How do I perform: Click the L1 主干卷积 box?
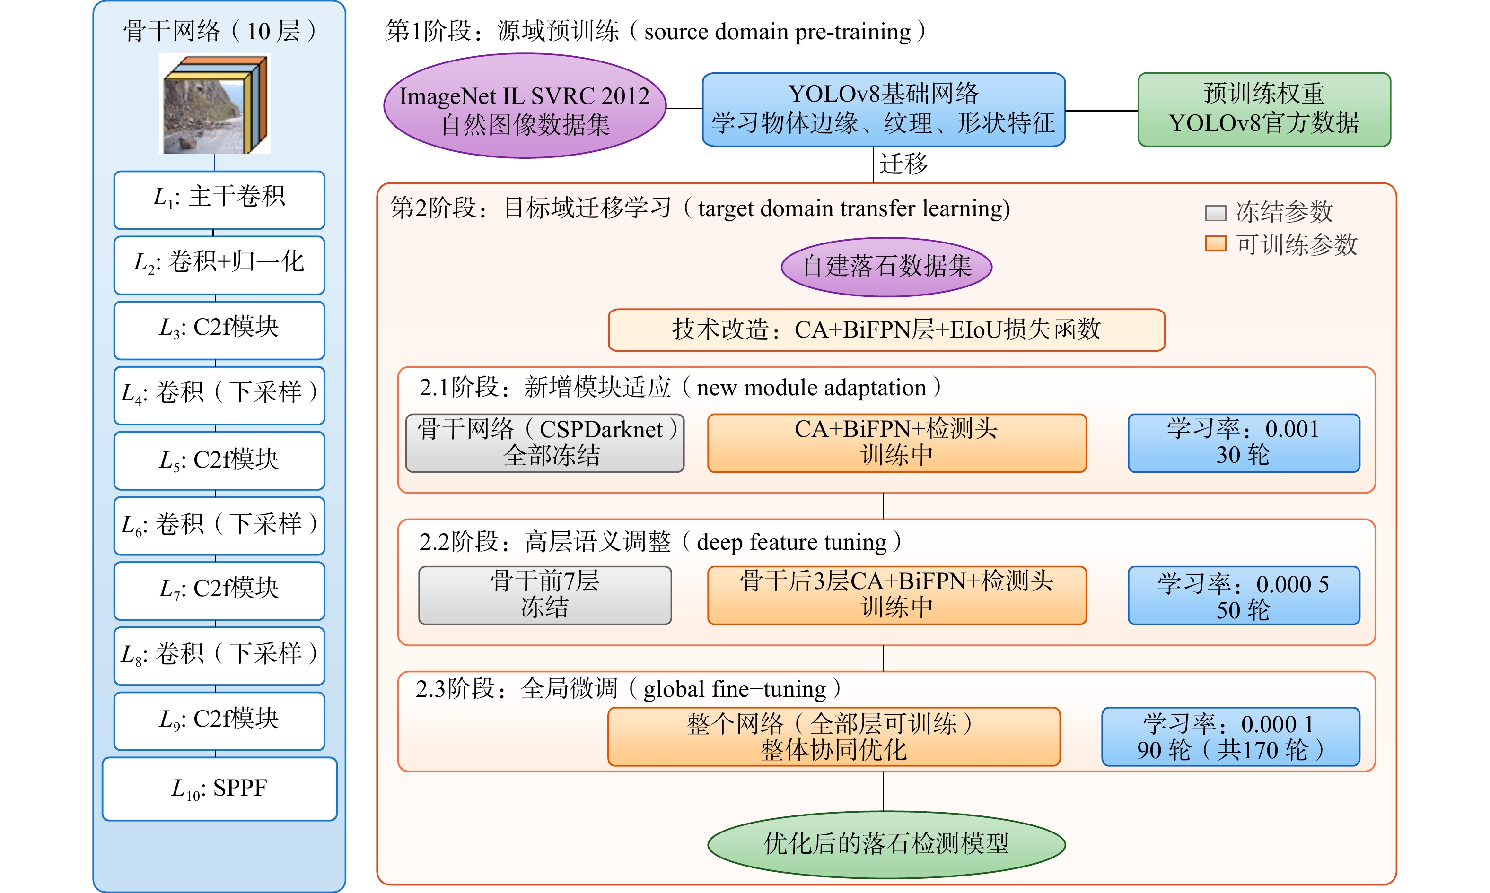coord(219,200)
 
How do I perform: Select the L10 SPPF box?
coord(219,789)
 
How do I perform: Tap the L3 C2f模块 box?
coord(219,330)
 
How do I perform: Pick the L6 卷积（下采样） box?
coord(219,525)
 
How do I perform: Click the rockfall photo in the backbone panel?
coord(215,103)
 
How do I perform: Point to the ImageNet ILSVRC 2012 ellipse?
coord(525,106)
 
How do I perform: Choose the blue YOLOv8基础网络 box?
coord(883,110)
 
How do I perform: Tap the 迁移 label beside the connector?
coord(903,164)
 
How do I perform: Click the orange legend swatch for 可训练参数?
coord(1216,244)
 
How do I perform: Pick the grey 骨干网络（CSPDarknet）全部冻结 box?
coord(545,443)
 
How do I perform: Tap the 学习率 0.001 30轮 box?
coord(1244,443)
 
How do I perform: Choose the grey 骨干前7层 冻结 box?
coord(545,595)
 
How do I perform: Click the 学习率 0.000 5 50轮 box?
coord(1244,595)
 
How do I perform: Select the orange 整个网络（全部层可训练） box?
coord(834,737)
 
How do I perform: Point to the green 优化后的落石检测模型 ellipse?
coord(886,844)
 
